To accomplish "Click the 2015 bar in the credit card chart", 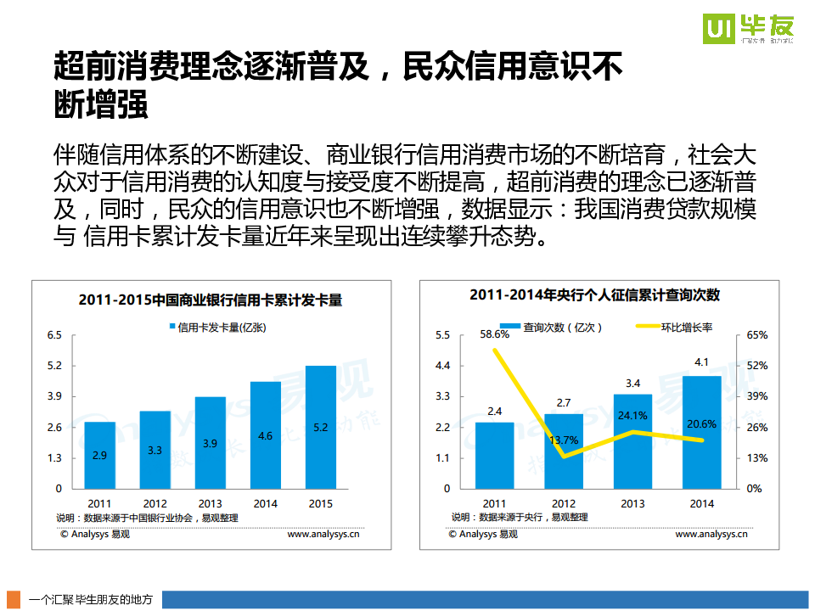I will [x=320, y=427].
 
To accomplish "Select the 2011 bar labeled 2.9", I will [x=99, y=455].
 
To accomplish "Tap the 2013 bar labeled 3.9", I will [x=210, y=442].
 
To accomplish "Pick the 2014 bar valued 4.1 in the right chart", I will [x=701, y=432].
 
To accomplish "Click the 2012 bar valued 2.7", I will [x=563, y=451].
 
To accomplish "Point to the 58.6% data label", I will [x=494, y=334].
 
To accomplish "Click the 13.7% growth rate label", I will [x=564, y=440].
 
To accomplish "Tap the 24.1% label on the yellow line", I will [x=632, y=416].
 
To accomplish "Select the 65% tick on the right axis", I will [x=756, y=335].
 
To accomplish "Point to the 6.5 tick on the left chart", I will [x=54, y=335].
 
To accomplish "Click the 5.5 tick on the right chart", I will [x=441, y=335].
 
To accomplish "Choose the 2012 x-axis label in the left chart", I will [x=155, y=504].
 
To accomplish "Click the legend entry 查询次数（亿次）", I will [x=552, y=327].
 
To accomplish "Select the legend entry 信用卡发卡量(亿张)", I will [x=216, y=327].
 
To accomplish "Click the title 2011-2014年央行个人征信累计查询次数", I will [x=594, y=294].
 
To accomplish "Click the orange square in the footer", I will [x=14, y=599].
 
